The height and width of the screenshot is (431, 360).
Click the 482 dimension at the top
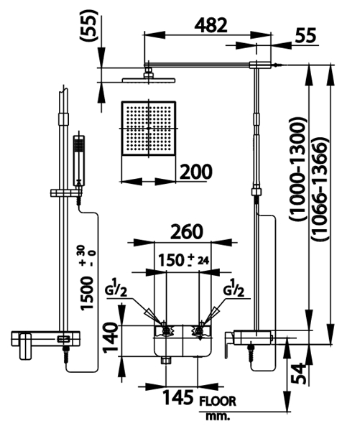(211, 26)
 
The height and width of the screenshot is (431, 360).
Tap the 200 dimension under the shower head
(196, 172)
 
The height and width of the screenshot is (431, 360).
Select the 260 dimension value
(187, 232)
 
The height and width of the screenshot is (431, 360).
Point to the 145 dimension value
(178, 397)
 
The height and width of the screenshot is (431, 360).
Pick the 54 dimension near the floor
(298, 374)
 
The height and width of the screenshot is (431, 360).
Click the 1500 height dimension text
(87, 293)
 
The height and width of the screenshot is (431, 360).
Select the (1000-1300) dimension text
(298, 169)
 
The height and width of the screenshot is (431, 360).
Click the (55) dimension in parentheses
(89, 25)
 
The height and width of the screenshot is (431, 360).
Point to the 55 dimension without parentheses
(306, 35)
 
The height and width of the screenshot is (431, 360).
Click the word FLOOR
(218, 402)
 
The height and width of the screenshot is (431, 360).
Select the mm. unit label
(218, 416)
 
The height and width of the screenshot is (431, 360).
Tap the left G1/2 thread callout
(116, 288)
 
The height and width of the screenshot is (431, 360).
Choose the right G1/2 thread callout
(234, 288)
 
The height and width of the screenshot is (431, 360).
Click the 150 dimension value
(170, 260)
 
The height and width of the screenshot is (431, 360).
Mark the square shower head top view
(148, 129)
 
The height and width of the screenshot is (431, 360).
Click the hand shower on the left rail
(79, 160)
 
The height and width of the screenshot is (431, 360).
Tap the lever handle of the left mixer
(25, 346)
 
